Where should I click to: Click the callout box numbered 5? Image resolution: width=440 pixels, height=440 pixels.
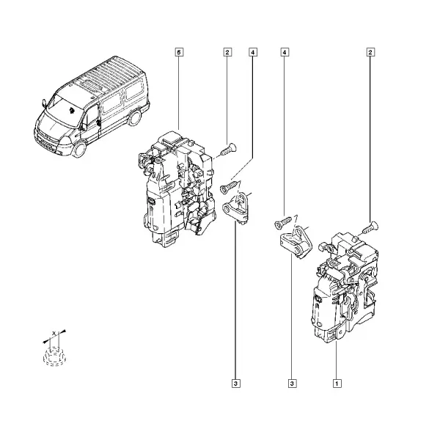179,52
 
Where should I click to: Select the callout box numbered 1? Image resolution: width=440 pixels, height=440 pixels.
337,384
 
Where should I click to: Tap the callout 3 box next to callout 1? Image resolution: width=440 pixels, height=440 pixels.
292,384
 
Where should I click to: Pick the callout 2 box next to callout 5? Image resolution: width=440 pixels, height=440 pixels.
227,52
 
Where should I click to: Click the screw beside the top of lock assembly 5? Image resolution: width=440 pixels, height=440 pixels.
228,149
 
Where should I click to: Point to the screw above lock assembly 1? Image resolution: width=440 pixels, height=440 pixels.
370,227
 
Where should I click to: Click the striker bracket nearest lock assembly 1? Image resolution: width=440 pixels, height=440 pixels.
296,242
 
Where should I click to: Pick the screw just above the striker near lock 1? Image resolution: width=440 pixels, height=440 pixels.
282,222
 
